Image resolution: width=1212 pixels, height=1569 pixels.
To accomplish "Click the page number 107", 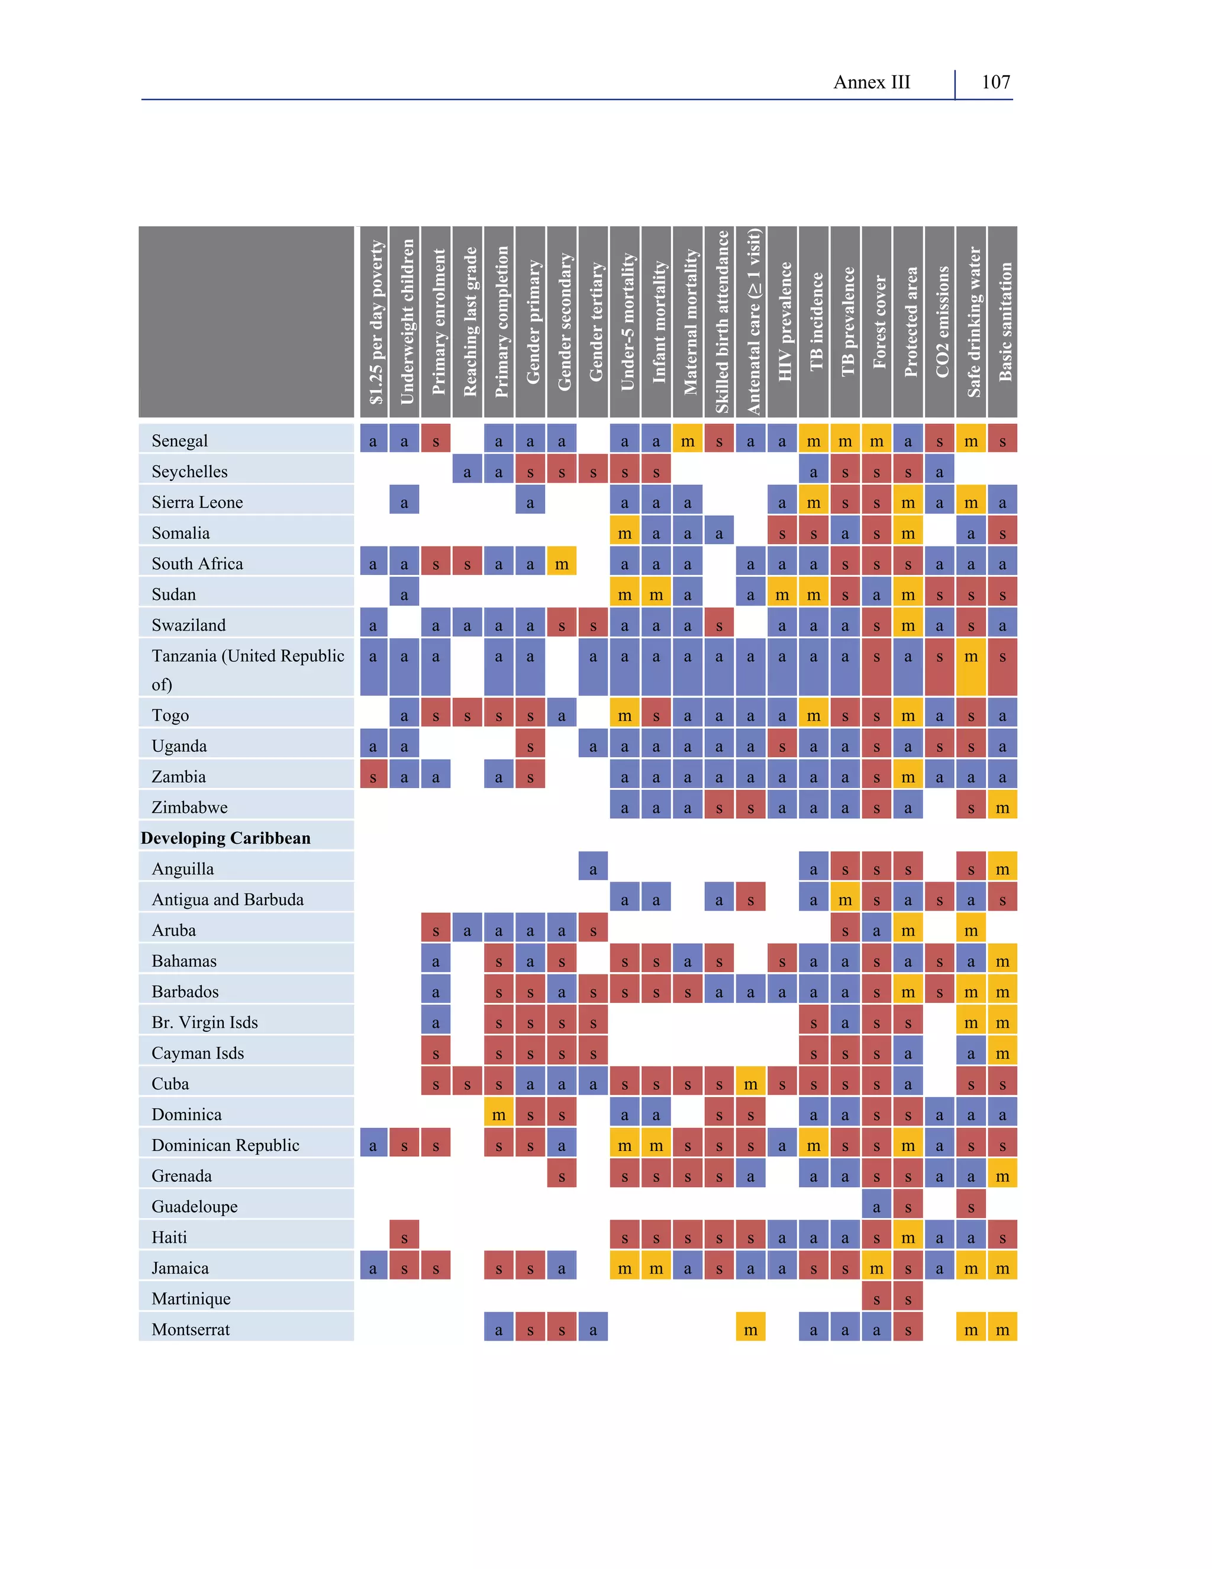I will point(995,83).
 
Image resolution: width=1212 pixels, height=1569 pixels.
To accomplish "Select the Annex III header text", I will point(871,83).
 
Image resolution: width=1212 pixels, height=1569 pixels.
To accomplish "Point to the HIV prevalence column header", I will point(782,322).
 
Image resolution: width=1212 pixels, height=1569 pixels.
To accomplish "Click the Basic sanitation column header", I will point(1004,322).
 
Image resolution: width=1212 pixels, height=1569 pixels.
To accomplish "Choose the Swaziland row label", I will point(188,625).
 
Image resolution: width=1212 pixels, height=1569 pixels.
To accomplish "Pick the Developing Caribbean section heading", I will point(225,838).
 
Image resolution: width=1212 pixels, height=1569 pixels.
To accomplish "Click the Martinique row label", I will point(191,1298).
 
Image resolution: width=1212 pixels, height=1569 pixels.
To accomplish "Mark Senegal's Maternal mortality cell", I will point(687,441).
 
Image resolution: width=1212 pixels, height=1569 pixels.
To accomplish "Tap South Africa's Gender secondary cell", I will point(562,563).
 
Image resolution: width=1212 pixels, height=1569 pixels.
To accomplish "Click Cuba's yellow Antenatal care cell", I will point(750,1083).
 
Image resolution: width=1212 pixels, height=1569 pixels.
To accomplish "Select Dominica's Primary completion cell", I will point(498,1114).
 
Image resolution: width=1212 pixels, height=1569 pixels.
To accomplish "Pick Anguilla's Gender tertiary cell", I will point(593,869).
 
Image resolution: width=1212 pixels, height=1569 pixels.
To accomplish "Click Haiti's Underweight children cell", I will point(404,1237).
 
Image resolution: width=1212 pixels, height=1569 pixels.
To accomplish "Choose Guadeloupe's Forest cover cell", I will point(876,1206).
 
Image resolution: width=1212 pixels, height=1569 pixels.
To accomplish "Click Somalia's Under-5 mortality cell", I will point(625,532).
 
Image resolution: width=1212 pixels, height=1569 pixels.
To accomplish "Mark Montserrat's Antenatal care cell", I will point(750,1329).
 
